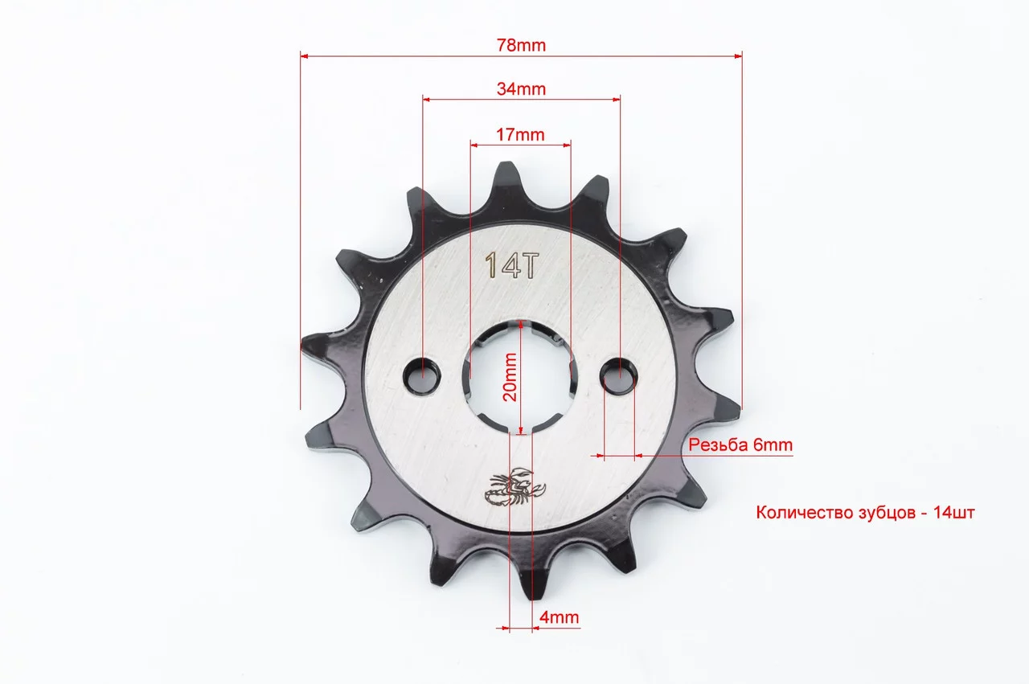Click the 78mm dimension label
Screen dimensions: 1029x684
pyautogui.click(x=521, y=46)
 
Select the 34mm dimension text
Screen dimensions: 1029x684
pyautogui.click(x=521, y=88)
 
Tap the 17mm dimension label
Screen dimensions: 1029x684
pyautogui.click(x=520, y=134)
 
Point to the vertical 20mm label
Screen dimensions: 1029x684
pyautogui.click(x=510, y=377)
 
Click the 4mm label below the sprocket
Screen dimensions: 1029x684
pyautogui.click(x=559, y=617)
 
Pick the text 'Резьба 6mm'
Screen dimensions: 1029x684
pyautogui.click(x=740, y=444)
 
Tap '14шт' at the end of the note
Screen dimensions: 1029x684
pyautogui.click(x=954, y=512)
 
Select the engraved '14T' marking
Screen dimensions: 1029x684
pyautogui.click(x=511, y=265)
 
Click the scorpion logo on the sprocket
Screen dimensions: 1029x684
pyautogui.click(x=515, y=487)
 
